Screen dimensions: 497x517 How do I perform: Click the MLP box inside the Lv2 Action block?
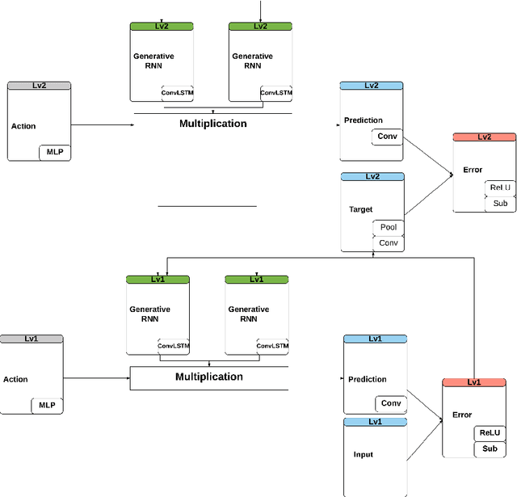[x=55, y=152]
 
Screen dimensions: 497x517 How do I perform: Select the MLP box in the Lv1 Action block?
[x=46, y=405]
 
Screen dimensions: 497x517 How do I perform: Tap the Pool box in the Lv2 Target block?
[x=389, y=228]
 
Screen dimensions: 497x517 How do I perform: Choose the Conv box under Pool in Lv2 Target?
[x=389, y=242]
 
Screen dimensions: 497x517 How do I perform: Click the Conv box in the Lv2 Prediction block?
[x=388, y=137]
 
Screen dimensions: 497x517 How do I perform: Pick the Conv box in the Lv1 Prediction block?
[x=391, y=403]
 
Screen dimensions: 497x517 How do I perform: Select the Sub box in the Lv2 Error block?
[x=500, y=203]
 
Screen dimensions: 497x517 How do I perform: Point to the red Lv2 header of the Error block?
[x=484, y=137]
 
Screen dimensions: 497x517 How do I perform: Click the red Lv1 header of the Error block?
[x=474, y=382]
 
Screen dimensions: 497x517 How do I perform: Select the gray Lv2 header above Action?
[x=39, y=85]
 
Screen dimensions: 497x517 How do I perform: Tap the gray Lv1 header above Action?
[x=32, y=339]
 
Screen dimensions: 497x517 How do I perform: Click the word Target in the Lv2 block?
[x=360, y=209]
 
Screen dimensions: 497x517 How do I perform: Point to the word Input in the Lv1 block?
[x=364, y=454]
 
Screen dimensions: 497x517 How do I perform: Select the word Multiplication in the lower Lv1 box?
[x=209, y=377]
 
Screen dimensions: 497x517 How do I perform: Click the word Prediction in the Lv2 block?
[x=364, y=120]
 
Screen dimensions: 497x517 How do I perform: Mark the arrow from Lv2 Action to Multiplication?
[x=101, y=124]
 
